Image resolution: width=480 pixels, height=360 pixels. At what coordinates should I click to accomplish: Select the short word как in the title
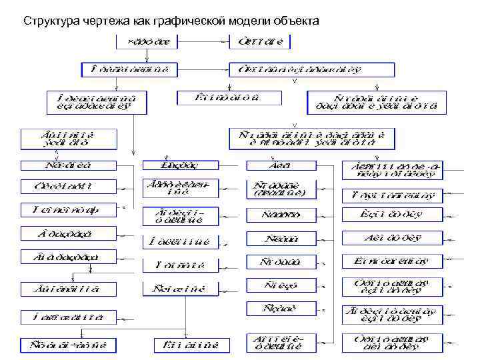[x=141, y=21]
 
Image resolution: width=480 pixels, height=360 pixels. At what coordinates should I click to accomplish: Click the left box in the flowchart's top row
[x=149, y=42]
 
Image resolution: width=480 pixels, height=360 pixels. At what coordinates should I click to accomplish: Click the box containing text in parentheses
[x=280, y=189]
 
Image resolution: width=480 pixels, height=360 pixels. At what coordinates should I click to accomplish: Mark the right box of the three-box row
[x=373, y=101]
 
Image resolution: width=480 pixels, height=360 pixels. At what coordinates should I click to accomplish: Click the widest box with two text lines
[x=312, y=137]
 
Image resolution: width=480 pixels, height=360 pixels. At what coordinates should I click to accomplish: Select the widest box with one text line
[x=311, y=69]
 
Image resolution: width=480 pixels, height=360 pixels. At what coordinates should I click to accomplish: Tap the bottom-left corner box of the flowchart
[x=69, y=345]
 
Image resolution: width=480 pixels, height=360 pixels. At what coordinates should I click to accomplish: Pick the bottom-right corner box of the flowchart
[x=393, y=343]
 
